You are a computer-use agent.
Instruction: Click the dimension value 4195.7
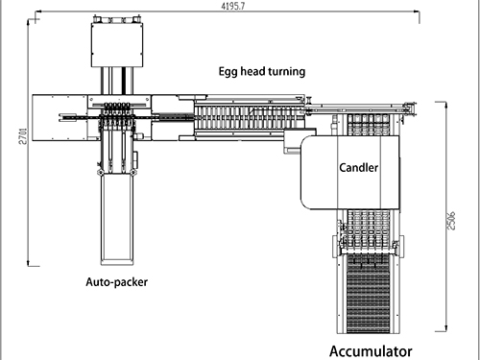[233, 6]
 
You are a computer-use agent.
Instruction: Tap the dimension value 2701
[24, 136]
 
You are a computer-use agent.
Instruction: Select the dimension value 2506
[450, 220]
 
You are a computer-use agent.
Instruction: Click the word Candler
[358, 167]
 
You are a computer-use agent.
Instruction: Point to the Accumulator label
[371, 351]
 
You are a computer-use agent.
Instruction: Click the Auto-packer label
[117, 282]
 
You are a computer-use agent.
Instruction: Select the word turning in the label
[287, 72]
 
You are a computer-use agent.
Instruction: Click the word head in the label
[252, 71]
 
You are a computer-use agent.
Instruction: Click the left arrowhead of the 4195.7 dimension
[37, 12]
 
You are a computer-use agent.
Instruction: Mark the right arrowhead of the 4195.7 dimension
[417, 12]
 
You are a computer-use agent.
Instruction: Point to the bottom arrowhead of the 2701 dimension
[28, 263]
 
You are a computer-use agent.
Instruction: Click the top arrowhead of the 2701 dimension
[28, 22]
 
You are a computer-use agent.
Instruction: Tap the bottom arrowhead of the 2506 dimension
[445, 328]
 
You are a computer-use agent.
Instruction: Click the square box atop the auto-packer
[117, 45]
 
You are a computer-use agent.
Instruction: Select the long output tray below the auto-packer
[117, 220]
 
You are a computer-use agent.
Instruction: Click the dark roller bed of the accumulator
[369, 294]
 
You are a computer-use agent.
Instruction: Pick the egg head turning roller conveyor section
[249, 118]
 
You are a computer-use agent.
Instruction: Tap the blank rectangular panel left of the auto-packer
[60, 117]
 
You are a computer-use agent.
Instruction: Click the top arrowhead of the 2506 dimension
[445, 106]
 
